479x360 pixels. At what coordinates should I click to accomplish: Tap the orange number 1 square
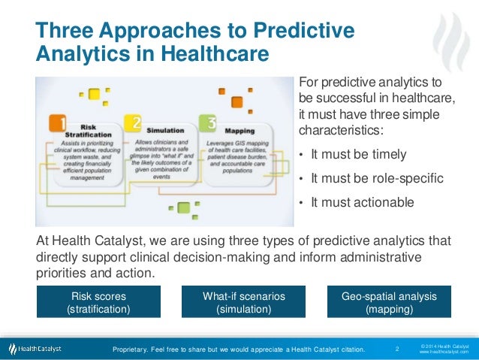click(59, 123)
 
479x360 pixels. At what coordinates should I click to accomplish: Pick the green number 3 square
click(206, 123)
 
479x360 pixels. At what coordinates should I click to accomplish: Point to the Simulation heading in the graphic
click(165, 129)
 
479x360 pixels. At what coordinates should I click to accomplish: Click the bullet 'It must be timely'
click(358, 155)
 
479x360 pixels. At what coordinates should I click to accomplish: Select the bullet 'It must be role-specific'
click(377, 179)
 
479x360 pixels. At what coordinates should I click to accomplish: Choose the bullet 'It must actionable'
click(362, 202)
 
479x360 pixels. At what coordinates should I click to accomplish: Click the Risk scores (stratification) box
click(98, 302)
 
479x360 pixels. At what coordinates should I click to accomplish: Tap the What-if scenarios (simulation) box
click(243, 302)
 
